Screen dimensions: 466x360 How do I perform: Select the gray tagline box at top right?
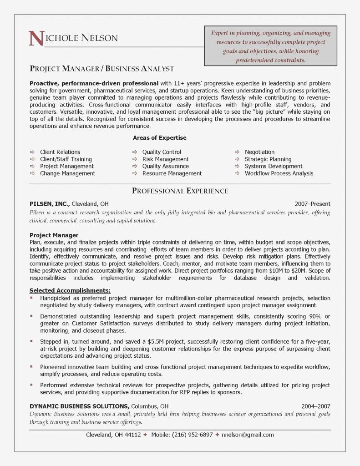coord(270,46)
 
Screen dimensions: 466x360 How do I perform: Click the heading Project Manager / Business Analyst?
coord(102,69)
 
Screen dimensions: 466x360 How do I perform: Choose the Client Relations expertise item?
coord(60,152)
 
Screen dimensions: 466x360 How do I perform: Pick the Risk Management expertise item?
coord(165,159)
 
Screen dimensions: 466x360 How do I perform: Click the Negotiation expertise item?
coord(259,152)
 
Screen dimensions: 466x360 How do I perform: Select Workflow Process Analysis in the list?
coord(279,173)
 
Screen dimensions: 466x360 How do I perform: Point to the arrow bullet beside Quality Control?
coord(135,152)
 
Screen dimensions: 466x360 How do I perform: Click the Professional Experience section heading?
coord(180,191)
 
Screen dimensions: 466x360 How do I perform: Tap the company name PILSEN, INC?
coord(49,204)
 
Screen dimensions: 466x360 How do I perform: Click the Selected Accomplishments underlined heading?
coord(70,290)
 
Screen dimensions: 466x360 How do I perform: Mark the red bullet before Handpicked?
coord(31,298)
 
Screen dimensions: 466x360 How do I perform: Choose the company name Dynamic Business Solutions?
coord(79,406)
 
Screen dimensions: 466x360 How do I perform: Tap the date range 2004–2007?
coord(315,406)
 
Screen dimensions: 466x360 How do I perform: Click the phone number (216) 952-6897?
coord(192,435)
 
